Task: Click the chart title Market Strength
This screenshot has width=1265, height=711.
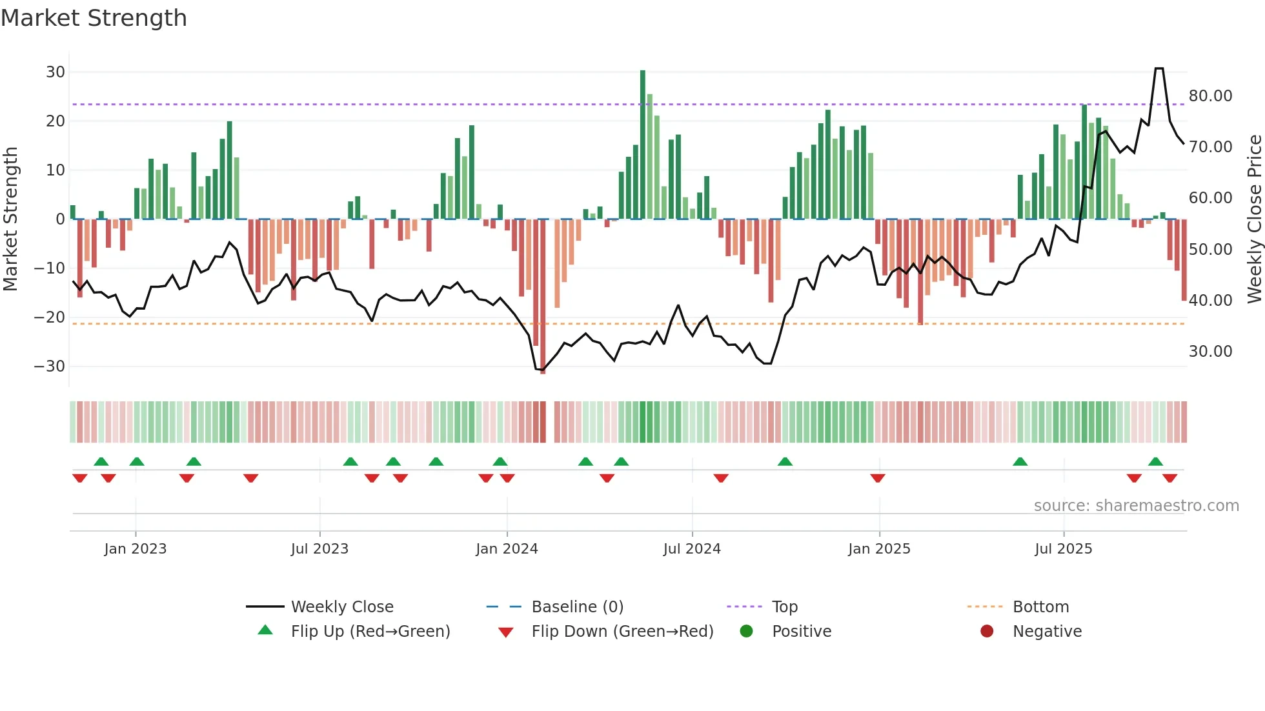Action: [94, 18]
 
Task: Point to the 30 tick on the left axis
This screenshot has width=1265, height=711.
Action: [55, 72]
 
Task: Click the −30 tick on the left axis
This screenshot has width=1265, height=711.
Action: [50, 366]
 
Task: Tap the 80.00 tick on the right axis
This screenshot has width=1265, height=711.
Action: [1210, 96]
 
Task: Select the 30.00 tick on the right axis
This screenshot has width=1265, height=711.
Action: [1210, 352]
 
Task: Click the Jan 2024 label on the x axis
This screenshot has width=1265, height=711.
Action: [507, 549]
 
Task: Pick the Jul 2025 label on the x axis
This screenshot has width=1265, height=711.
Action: [1063, 549]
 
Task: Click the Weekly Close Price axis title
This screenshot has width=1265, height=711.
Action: [1254, 219]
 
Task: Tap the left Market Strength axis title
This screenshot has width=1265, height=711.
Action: [10, 219]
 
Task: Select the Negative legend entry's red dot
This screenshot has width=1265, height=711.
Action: [987, 632]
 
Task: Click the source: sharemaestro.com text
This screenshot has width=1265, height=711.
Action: [1136, 506]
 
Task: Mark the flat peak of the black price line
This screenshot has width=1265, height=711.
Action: [1159, 68]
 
